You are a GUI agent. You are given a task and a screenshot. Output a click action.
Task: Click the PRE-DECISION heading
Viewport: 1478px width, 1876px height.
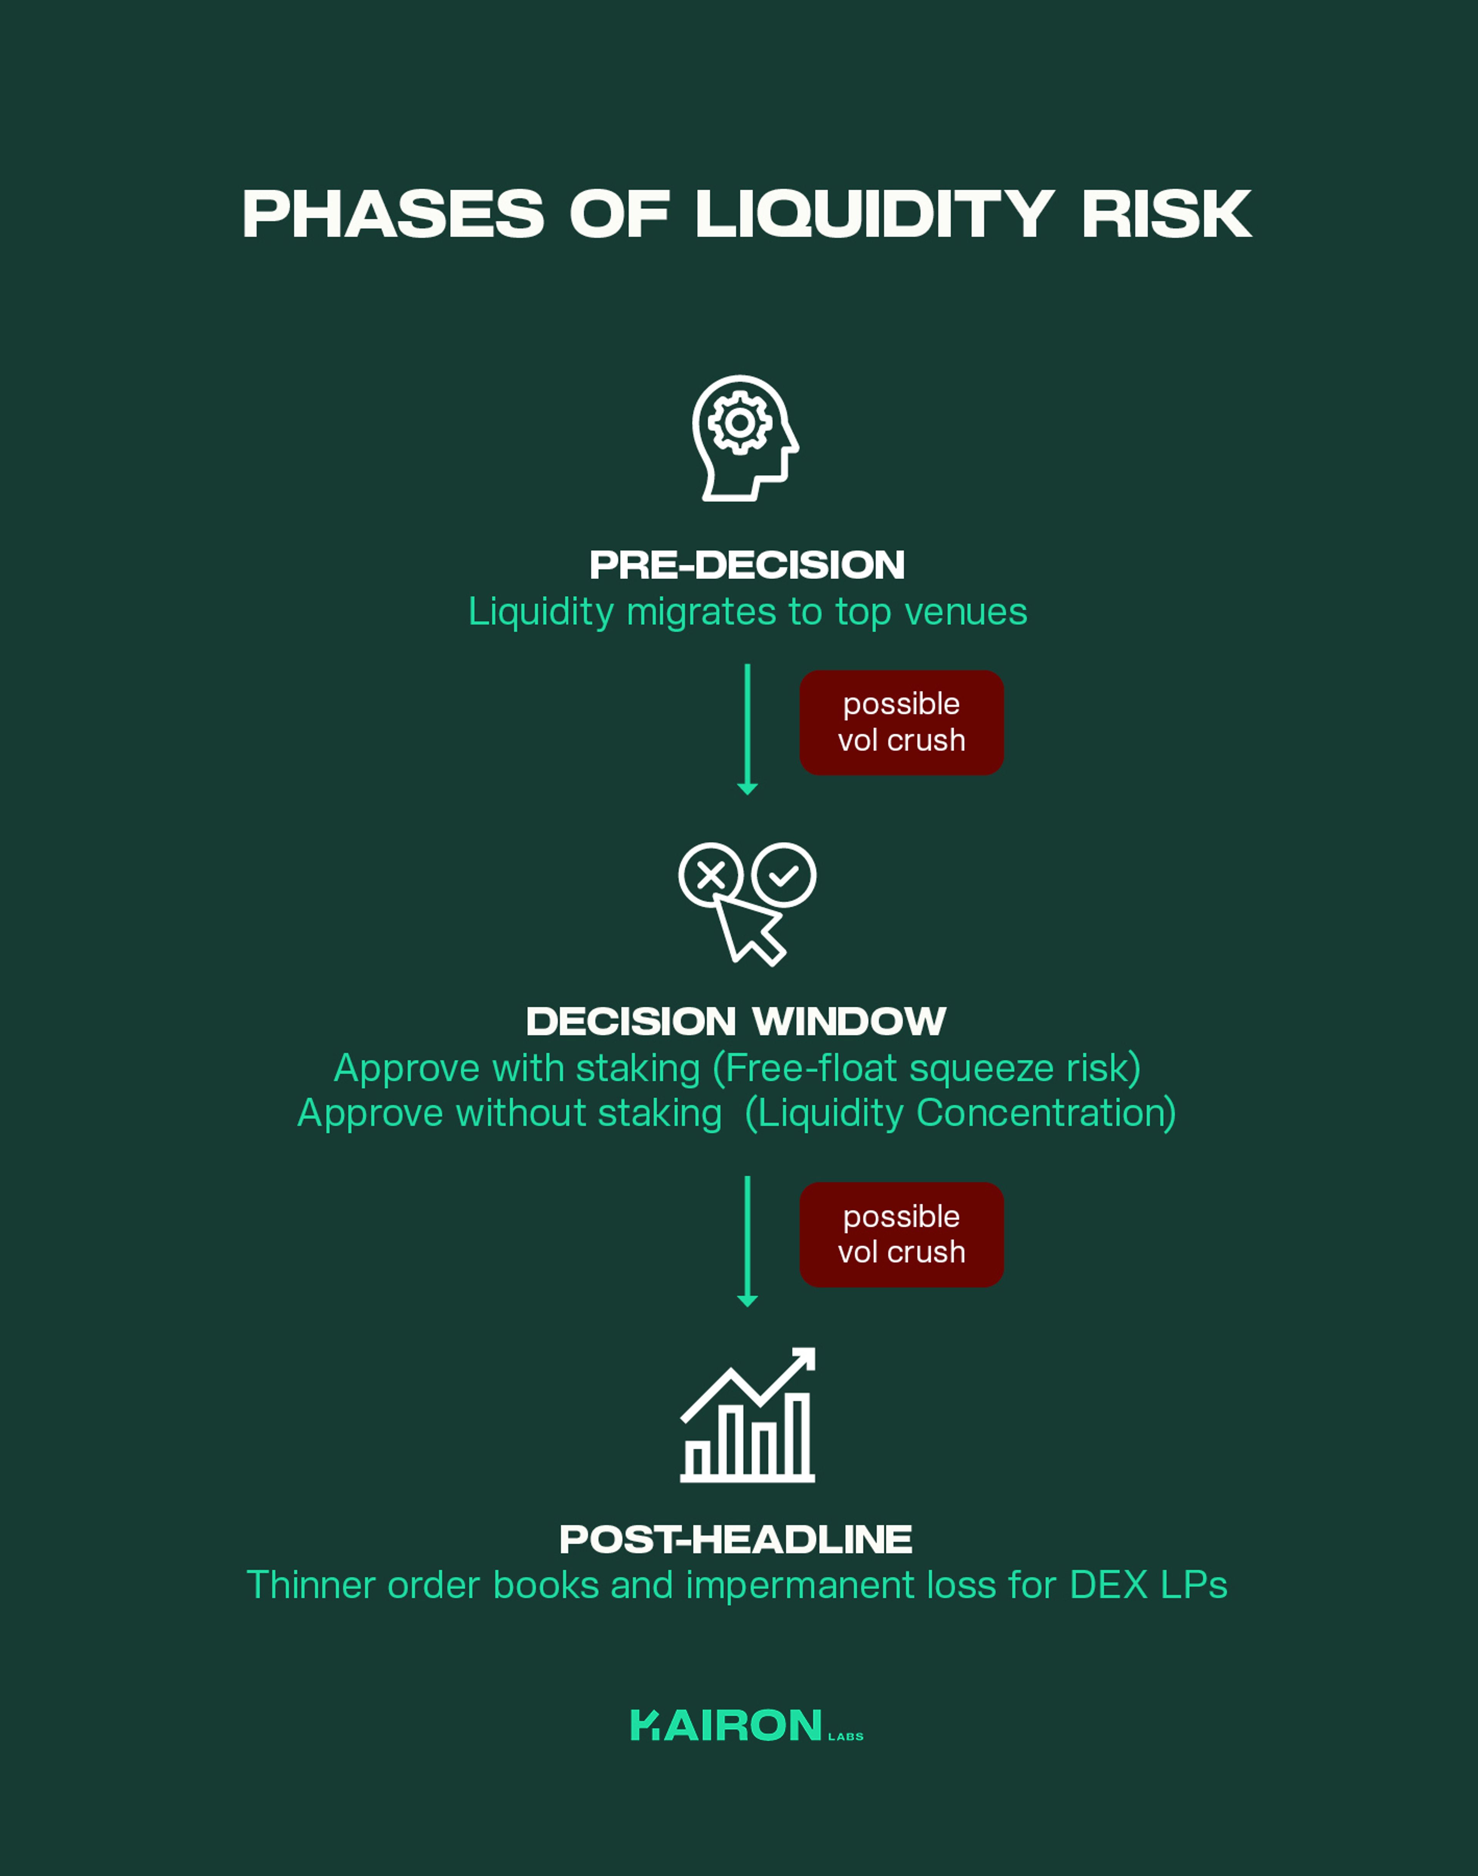pos(747,565)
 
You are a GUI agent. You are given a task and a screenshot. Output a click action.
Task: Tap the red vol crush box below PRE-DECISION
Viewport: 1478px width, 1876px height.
pos(901,722)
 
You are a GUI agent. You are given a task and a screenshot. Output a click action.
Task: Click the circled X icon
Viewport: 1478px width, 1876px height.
pos(711,875)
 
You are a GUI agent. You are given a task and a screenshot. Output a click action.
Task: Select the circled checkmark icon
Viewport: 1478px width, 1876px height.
pos(783,875)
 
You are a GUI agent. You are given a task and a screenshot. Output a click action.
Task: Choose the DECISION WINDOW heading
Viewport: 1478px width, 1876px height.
pos(736,1021)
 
